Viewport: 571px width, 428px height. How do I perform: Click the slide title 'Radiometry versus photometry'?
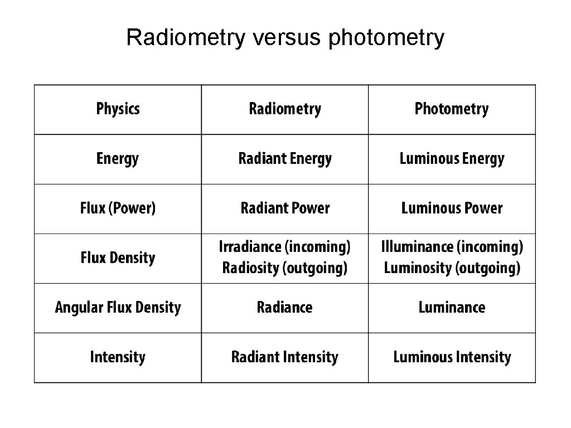285,38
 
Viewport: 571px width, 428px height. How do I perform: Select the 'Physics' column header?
118,109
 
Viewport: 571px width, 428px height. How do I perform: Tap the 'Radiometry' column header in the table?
285,109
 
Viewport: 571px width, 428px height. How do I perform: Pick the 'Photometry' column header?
452,109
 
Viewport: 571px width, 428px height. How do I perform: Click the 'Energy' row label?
118,159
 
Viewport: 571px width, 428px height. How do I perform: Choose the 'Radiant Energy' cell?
285,159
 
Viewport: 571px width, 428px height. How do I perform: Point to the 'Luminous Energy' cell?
452,159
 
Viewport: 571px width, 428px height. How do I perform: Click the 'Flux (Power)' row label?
118,208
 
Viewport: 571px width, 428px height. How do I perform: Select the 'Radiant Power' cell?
285,208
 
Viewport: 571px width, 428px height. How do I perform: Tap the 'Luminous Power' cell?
452,208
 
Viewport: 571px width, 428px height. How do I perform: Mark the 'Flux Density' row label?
118,258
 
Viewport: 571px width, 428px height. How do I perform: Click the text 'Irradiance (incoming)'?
285,247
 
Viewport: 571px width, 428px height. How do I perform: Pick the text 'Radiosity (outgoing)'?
285,268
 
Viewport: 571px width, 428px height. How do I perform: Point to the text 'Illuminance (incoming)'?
452,247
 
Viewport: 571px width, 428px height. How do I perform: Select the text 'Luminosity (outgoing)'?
452,268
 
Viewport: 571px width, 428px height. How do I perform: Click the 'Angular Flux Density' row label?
118,308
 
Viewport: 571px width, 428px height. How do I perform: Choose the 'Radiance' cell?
285,308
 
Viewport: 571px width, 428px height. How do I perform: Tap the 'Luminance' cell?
452,308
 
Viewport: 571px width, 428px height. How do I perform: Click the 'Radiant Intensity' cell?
285,357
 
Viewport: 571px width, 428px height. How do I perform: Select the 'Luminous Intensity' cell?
452,357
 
